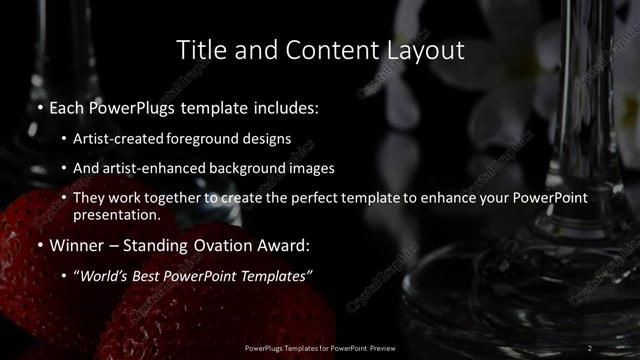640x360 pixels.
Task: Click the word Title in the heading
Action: [x=199, y=49]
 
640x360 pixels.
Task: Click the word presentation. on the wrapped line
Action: [x=116, y=214]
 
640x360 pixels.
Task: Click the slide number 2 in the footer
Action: [x=590, y=347]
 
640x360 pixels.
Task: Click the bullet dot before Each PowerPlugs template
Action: [x=39, y=107]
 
